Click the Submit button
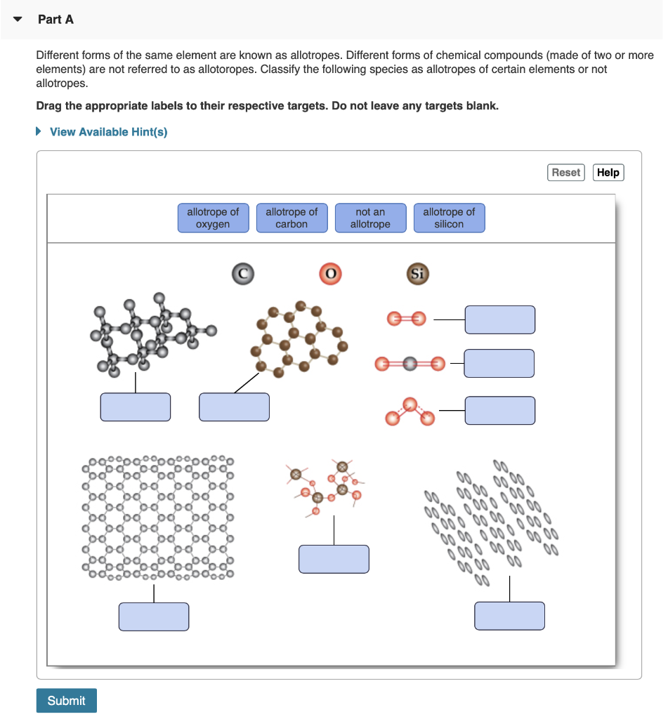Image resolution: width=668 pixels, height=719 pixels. tap(66, 700)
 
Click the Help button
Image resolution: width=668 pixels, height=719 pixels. tap(608, 172)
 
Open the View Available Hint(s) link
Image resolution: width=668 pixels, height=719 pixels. tap(108, 132)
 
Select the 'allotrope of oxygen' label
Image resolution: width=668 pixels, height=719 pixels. tap(213, 218)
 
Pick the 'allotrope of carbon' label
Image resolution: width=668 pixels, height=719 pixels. tap(292, 218)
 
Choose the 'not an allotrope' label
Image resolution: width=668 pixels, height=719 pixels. tap(370, 218)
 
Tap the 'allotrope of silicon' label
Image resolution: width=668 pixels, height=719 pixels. tap(449, 218)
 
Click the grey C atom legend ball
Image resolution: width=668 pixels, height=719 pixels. tap(242, 273)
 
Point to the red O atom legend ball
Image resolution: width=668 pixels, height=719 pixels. tap(329, 273)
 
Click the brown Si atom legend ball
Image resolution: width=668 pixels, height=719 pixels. tap(417, 273)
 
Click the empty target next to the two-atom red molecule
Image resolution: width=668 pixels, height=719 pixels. tap(499, 319)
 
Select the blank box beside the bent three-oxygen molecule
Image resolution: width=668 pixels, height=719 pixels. tap(499, 410)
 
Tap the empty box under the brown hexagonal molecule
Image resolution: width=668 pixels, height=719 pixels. tap(234, 407)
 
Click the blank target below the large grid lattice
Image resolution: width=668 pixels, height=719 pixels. tap(153, 616)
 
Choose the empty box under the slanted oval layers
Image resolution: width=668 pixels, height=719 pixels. tap(509, 615)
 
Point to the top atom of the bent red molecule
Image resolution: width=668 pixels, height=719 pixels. tap(410, 403)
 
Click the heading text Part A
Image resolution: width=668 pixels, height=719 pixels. tap(55, 19)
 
